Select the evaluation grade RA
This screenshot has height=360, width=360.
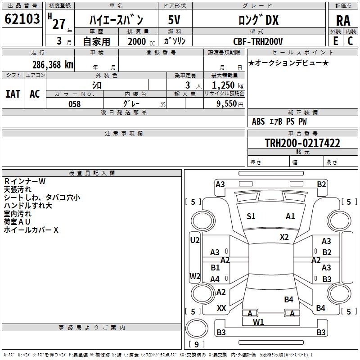tap(343, 20)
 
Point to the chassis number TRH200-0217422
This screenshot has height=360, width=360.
tap(302, 143)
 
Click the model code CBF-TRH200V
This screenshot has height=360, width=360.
tap(258, 41)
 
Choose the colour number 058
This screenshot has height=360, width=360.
tap(74, 104)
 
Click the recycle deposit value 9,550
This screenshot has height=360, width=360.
tap(226, 104)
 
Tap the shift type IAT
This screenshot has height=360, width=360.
tap(13, 94)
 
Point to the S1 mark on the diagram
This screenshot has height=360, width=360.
tap(251, 216)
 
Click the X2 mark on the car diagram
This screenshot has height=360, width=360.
tap(284, 237)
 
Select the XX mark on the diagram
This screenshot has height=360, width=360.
tap(221, 308)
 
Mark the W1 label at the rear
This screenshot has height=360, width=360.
tap(258, 322)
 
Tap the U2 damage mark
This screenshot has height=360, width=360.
tap(194, 240)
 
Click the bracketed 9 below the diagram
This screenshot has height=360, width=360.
tap(196, 345)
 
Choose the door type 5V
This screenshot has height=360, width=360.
tap(175, 20)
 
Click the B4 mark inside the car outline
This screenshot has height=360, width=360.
tap(288, 299)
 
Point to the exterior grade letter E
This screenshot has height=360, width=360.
tap(335, 41)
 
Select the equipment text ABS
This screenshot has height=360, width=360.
tap(258, 121)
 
